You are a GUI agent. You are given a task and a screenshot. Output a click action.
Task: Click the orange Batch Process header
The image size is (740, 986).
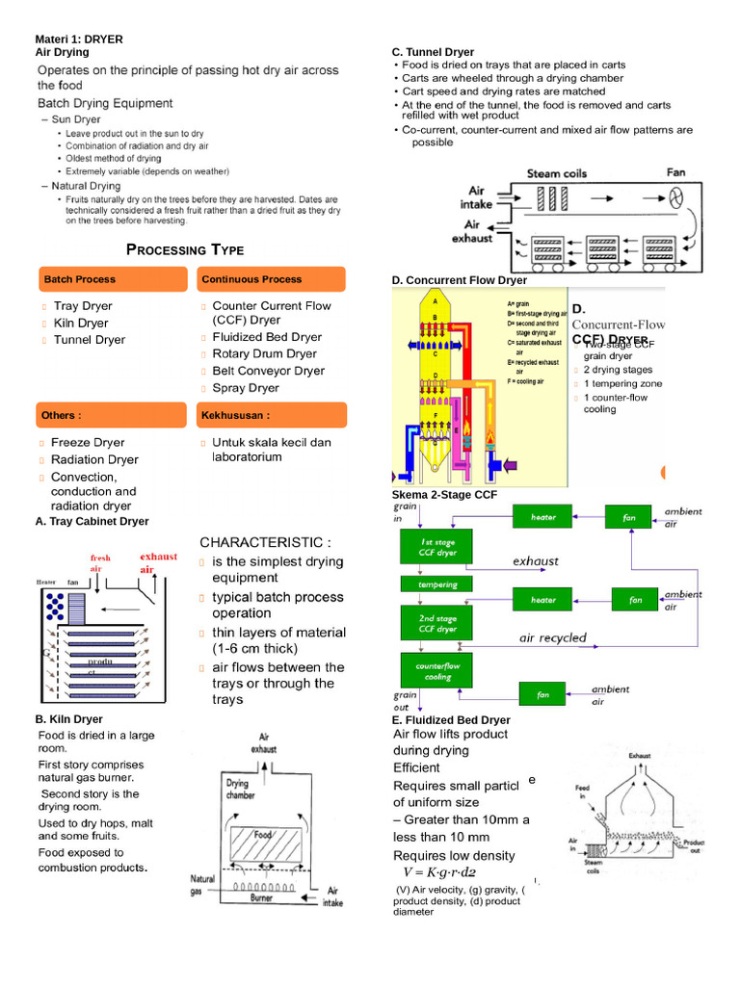pyautogui.click(x=111, y=279)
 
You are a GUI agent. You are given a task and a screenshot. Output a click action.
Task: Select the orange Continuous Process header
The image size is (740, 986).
pyautogui.click(x=270, y=279)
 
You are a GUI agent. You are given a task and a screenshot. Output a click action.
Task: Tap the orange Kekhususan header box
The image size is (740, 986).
pyautogui.click(x=270, y=415)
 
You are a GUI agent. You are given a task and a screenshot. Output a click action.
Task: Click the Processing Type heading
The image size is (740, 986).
pyautogui.click(x=185, y=250)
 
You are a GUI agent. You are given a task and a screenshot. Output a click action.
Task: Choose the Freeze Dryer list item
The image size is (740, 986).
pyautogui.click(x=88, y=443)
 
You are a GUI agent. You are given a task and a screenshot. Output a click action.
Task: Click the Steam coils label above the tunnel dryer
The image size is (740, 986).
pyautogui.click(x=556, y=173)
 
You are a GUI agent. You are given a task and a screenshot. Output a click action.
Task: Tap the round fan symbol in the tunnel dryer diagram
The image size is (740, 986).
pyautogui.click(x=676, y=197)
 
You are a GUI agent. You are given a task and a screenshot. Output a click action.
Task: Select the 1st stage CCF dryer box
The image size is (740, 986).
pyautogui.click(x=435, y=547)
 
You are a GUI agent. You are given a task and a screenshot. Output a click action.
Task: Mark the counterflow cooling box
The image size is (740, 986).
pyautogui.click(x=435, y=670)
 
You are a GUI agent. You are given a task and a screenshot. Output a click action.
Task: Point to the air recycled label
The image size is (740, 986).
pyautogui.click(x=552, y=637)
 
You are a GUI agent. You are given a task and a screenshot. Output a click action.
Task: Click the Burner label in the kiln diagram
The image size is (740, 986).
pyautogui.click(x=262, y=896)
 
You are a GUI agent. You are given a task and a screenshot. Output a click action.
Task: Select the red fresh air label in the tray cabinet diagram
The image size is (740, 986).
pyautogui.click(x=101, y=563)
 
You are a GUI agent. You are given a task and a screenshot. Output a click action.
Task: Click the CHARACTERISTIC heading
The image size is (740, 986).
pyautogui.click(x=265, y=541)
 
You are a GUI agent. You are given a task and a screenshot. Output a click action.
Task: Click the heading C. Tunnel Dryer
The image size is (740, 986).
pyautogui.click(x=433, y=52)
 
